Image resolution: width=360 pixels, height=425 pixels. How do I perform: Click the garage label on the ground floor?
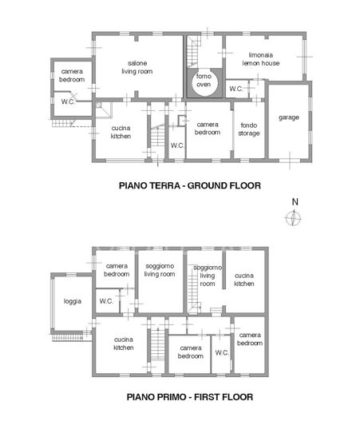pyautogui.click(x=288, y=117)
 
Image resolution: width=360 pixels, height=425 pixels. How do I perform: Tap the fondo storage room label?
pyautogui.click(x=247, y=129)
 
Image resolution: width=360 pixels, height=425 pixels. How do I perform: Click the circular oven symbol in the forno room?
pyautogui.click(x=203, y=84)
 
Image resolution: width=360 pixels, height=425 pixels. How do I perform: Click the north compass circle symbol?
pyautogui.click(x=294, y=218)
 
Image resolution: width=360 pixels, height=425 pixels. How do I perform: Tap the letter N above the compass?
pyautogui.click(x=295, y=201)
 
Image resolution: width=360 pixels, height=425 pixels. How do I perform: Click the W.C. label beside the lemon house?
pyautogui.click(x=235, y=89)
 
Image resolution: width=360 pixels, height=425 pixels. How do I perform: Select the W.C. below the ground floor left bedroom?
pyautogui.click(x=68, y=102)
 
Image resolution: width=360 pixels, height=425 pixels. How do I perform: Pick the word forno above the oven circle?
pyautogui.click(x=204, y=53)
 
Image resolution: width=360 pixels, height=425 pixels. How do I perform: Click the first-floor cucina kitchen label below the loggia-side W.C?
pyautogui.click(x=123, y=343)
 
